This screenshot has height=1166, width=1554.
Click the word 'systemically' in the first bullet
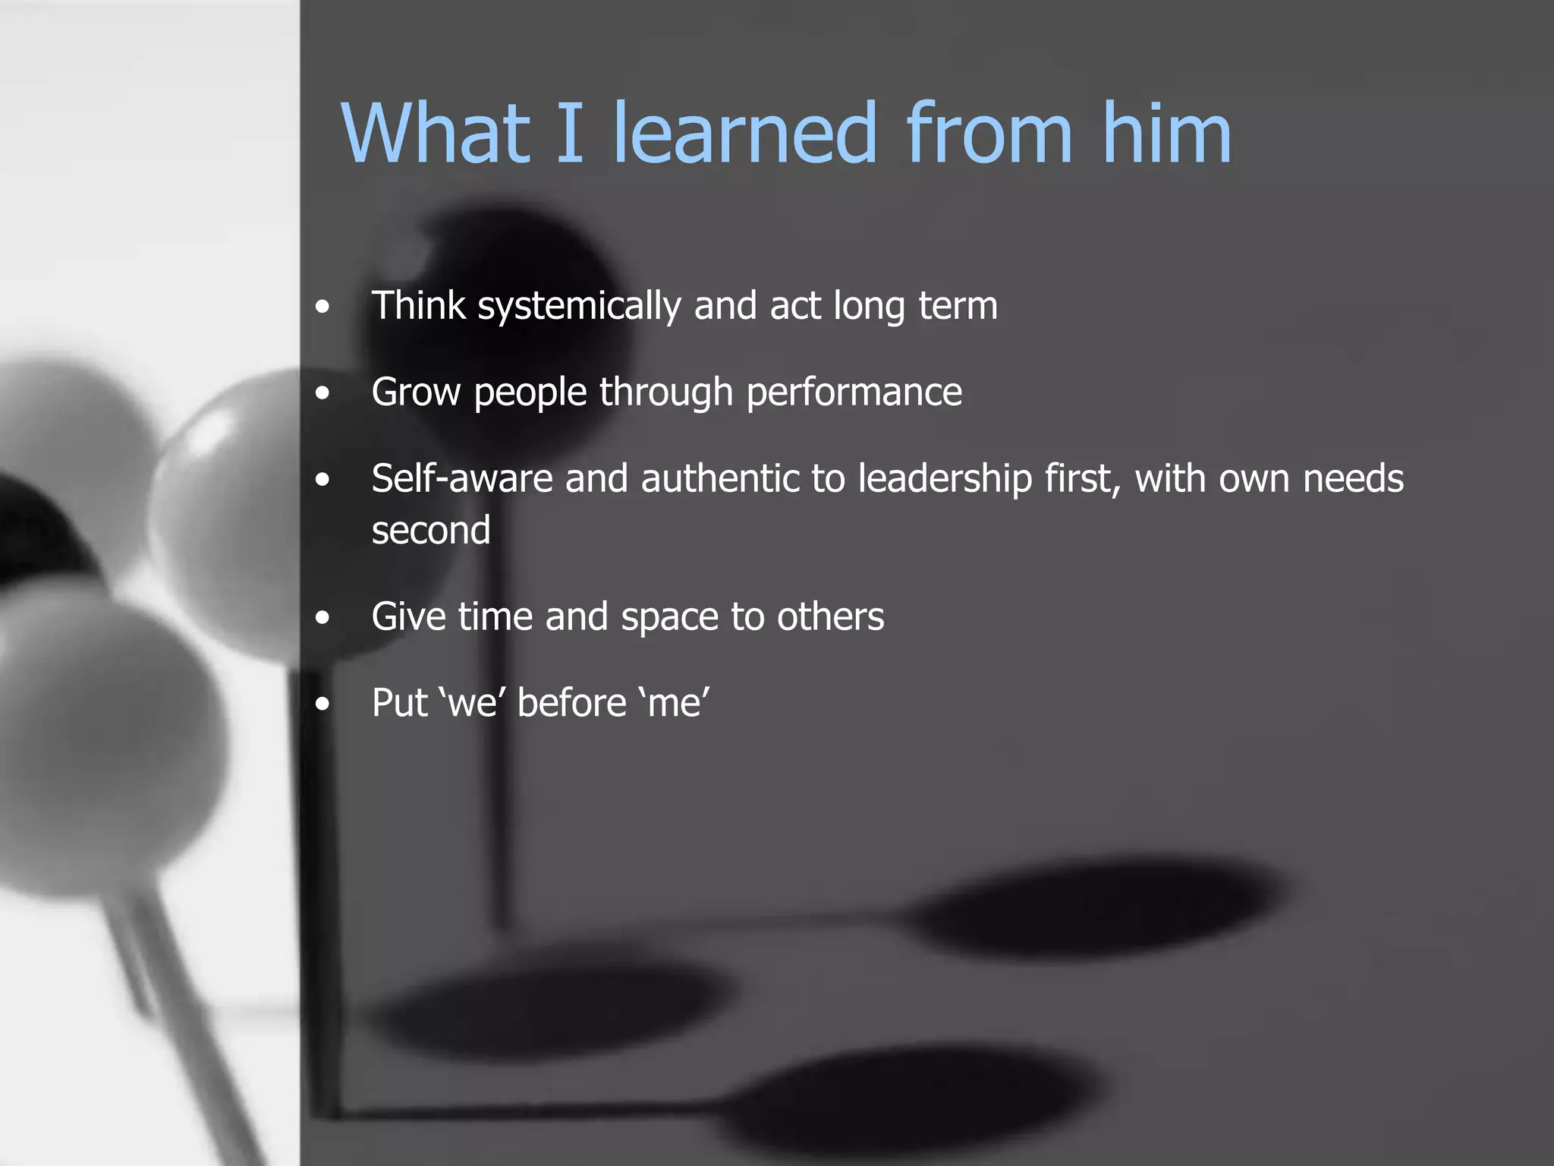[x=579, y=307]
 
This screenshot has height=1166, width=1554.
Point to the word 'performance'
[x=854, y=393]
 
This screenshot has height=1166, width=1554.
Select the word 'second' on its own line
[x=431, y=530]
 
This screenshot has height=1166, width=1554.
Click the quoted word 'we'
[x=472, y=703]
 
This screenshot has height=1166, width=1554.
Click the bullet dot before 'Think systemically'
[x=323, y=307]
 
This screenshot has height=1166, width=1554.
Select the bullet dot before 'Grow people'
[x=323, y=393]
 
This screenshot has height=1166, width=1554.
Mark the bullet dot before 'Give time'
[x=323, y=617]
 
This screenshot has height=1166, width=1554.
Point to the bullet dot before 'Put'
[x=323, y=704]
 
